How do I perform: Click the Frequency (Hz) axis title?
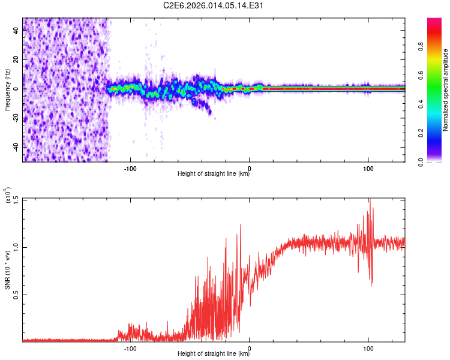click(7, 90)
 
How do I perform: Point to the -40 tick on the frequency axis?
click(15, 147)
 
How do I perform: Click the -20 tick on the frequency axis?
click(15, 118)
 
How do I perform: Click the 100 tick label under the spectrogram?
click(368, 168)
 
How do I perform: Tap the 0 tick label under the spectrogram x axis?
click(250, 168)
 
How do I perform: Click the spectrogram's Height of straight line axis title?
click(214, 174)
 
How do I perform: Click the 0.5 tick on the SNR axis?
click(16, 295)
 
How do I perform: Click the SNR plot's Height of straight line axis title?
click(214, 354)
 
